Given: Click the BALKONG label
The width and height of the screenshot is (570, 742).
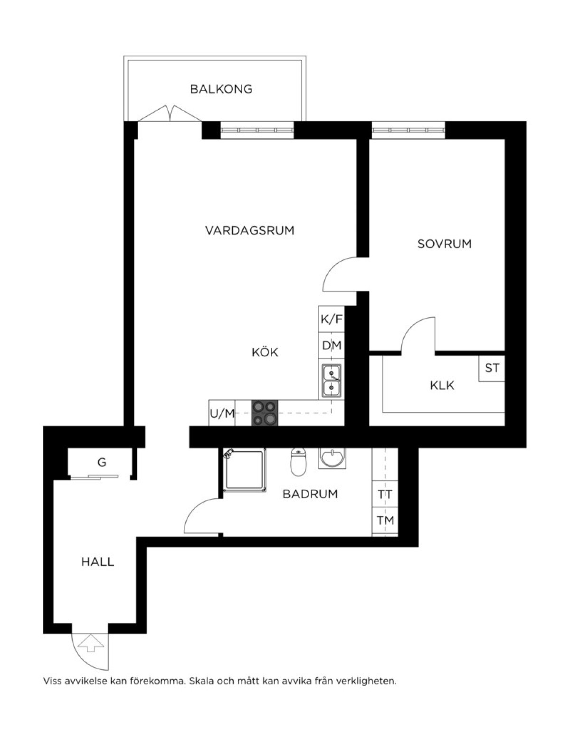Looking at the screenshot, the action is pos(221,89).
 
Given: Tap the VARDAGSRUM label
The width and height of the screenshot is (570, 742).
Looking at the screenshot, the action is pos(249,230).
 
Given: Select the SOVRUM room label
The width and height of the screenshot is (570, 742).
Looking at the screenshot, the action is pos(445,244).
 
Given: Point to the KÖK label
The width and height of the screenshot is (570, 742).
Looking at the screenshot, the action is pos(265,352).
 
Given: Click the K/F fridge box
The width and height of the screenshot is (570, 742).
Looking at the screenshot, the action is pos(331,319).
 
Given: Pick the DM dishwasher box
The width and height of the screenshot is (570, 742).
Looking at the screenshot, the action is pos(331,345).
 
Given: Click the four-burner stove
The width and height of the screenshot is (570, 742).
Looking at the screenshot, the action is pos(265,413).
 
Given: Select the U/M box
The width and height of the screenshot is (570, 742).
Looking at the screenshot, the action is pos(222,413).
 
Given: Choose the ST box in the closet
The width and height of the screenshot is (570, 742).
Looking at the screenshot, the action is pos(492,368).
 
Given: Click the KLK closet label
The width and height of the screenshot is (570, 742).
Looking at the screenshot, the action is pos(442,386).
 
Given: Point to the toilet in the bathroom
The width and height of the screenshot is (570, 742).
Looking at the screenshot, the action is pos(299,462).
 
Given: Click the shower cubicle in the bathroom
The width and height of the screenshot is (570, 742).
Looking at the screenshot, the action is pos(244,470).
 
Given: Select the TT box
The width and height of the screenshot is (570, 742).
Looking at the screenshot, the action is pos(385,494).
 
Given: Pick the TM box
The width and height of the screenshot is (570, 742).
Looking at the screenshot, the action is pos(385,520).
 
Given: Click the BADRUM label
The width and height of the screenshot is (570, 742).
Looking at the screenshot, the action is pos(310,494).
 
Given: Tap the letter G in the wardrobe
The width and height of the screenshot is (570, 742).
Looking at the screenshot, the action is pos(102,462).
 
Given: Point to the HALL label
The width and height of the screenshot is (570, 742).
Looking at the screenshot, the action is pos(98,562).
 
